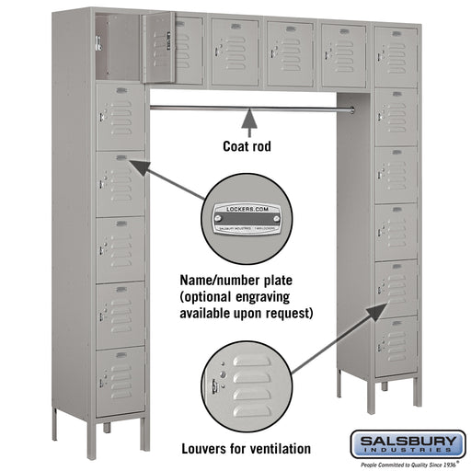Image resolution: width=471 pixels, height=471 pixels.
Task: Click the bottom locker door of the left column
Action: [121, 380]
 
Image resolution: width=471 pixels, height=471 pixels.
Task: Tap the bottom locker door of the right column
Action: [396, 346]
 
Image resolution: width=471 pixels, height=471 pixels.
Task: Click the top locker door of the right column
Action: [396, 56]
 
